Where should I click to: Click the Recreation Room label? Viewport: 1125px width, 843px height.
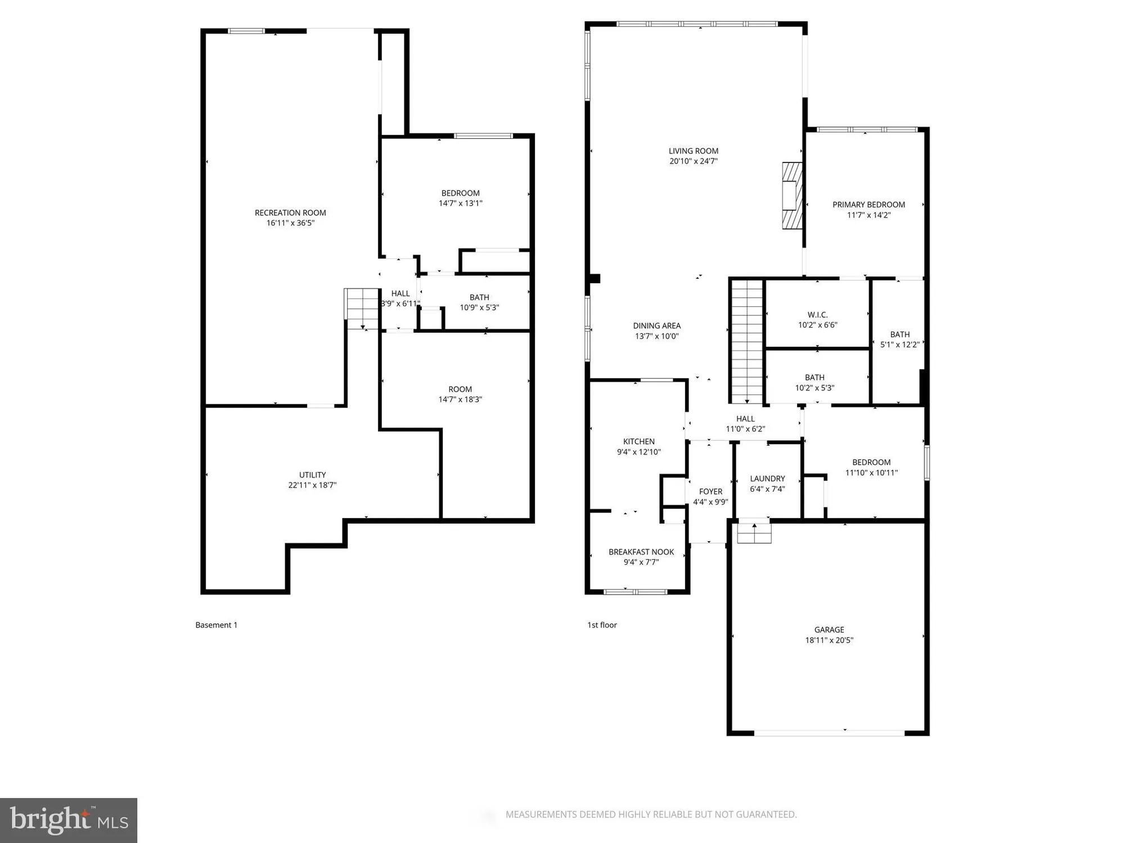point(290,213)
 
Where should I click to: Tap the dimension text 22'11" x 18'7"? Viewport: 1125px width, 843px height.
point(312,485)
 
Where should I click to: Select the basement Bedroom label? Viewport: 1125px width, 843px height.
point(460,193)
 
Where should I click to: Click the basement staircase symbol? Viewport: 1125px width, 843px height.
point(362,308)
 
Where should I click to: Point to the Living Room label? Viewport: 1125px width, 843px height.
point(693,151)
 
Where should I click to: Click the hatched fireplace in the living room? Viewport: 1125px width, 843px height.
point(792,196)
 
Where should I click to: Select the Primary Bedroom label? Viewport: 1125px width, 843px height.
point(868,205)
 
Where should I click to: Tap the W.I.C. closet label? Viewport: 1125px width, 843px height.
point(817,315)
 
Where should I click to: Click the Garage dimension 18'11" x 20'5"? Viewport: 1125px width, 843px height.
point(829,640)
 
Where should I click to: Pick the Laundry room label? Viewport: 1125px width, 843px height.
point(767,479)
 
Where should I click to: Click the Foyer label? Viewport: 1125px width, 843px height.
point(710,492)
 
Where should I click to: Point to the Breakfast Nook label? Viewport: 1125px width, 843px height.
point(641,552)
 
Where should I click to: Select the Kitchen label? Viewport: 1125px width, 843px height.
point(638,442)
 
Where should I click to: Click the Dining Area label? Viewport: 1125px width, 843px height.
point(656,326)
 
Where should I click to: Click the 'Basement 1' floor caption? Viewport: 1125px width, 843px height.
point(216,625)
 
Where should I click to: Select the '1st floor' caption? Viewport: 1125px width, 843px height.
point(602,625)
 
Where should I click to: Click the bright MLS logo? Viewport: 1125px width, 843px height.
point(69,820)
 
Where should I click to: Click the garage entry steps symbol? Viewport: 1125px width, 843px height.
point(754,532)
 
